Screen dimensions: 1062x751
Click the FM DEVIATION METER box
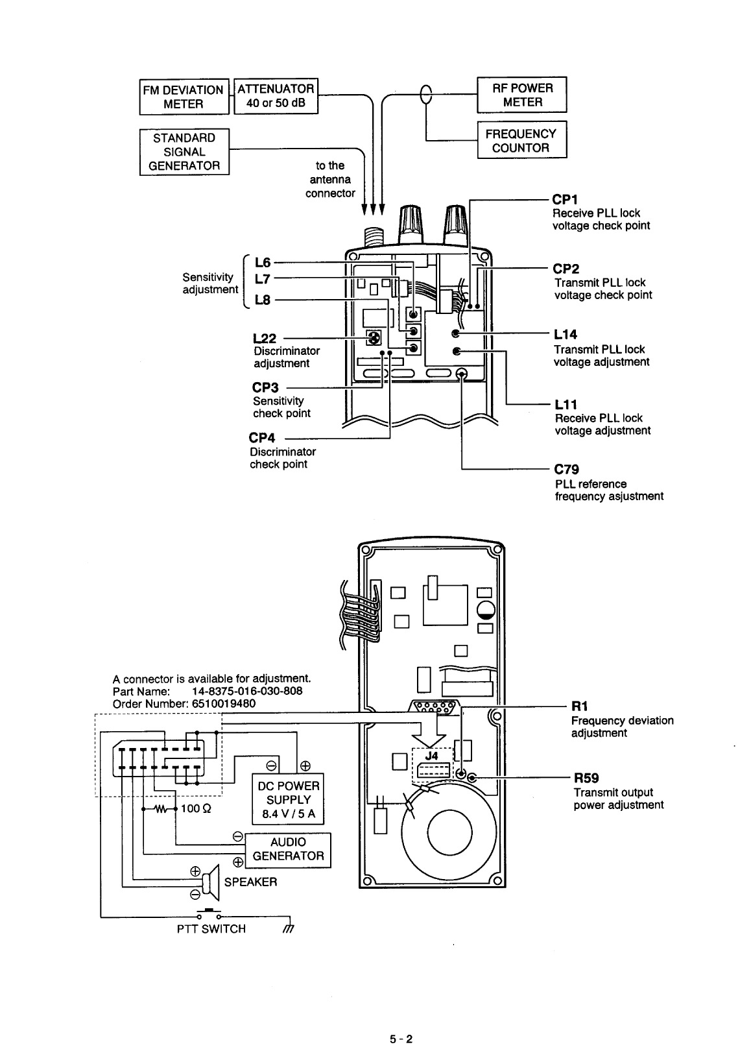click(184, 97)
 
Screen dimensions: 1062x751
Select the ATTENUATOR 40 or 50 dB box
click(276, 95)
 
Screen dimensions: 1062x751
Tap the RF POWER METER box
click(522, 95)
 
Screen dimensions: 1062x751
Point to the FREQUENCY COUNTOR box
click(522, 140)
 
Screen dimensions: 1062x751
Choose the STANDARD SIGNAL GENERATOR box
click(184, 152)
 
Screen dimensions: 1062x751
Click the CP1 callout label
click(564, 199)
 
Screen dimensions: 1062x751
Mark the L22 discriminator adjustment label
click(265, 339)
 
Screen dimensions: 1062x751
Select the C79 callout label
click(566, 469)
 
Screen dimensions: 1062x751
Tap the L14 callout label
click(565, 335)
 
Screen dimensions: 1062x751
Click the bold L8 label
click(262, 300)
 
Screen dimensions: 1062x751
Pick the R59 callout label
click(586, 778)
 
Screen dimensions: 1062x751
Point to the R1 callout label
click(579, 706)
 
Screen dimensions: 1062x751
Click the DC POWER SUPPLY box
click(288, 799)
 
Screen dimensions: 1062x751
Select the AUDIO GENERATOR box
click(288, 849)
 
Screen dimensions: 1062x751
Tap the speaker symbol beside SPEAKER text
click(211, 883)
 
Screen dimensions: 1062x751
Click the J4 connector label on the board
click(431, 756)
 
